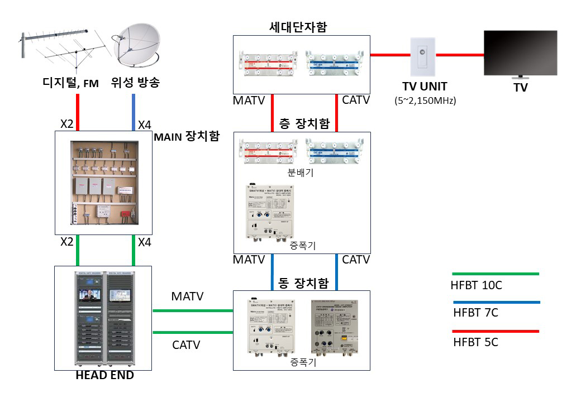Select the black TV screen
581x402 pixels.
click(x=520, y=53)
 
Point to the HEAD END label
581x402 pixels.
click(x=104, y=376)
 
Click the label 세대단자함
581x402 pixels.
click(x=301, y=27)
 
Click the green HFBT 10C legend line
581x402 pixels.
click(x=494, y=274)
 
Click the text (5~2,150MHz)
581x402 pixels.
click(x=425, y=100)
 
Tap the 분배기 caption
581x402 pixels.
click(x=301, y=173)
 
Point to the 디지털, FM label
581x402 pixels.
click(x=70, y=84)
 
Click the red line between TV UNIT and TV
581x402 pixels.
click(x=459, y=55)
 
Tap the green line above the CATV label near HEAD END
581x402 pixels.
click(x=193, y=333)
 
